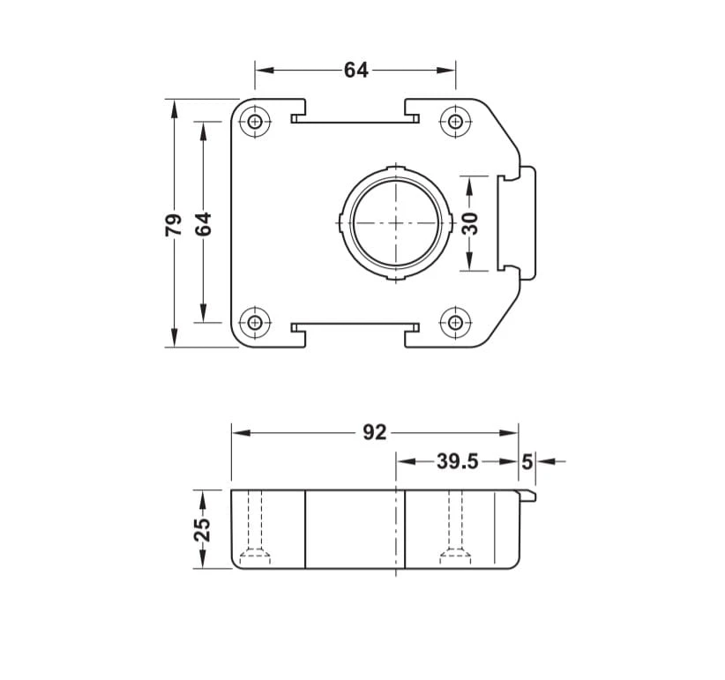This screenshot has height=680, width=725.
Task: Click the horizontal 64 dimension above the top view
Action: coord(356,71)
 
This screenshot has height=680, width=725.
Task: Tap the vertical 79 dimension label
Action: coord(174,225)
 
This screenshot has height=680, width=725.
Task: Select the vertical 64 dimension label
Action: coord(203,224)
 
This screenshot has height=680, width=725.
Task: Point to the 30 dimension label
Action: coord(470,224)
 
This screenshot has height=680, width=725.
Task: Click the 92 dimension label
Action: coord(375,433)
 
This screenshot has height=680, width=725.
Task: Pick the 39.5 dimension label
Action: coord(457,461)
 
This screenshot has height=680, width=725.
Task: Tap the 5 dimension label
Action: coord(527,462)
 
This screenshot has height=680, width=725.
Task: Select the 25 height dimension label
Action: coord(203,529)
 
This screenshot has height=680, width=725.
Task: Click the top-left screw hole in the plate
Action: coord(255,122)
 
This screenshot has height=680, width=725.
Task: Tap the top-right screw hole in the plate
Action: coord(456,122)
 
